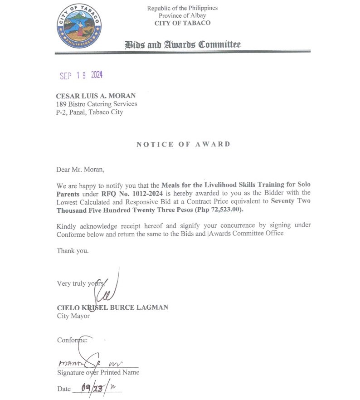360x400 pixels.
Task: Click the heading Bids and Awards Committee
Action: [182, 44]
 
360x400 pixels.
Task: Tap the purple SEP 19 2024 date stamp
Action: [81, 75]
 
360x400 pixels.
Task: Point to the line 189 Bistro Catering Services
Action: [96, 104]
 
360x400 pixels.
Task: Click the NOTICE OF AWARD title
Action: [183, 144]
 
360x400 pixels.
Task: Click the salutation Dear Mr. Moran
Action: [80, 170]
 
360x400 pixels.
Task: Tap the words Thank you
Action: [73, 250]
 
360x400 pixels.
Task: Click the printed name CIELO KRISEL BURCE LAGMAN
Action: [112, 307]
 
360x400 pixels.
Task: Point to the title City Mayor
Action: [73, 316]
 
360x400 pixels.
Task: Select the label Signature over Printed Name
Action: [98, 372]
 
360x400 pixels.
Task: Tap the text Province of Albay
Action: [182, 16]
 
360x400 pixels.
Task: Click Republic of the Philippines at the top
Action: [182, 8]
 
